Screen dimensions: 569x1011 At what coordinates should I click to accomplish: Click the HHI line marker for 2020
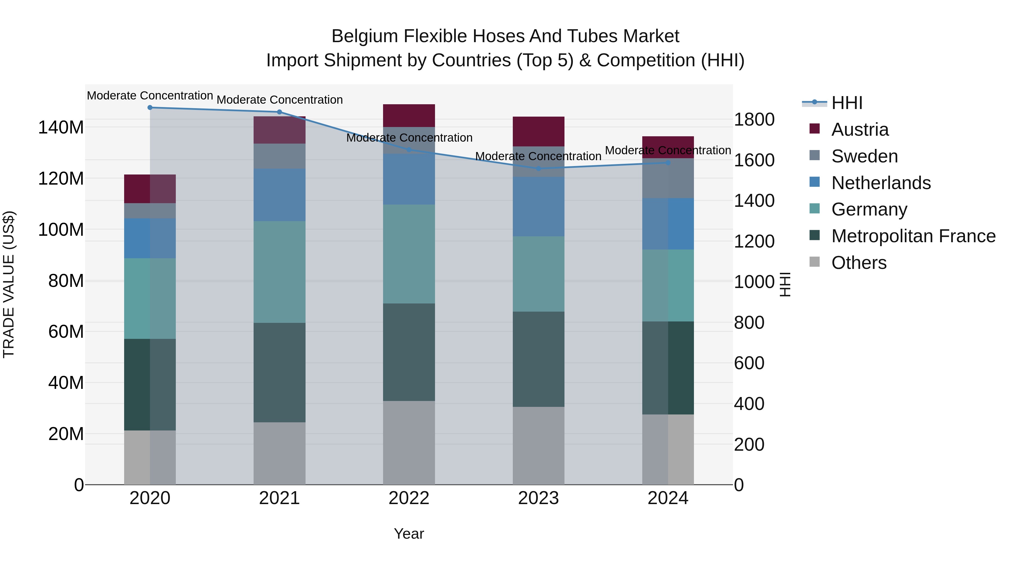point(150,108)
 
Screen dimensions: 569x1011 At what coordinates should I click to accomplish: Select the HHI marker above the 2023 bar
point(538,169)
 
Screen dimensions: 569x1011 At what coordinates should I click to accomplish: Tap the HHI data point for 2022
point(409,149)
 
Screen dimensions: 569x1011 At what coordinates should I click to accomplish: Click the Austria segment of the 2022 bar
point(409,115)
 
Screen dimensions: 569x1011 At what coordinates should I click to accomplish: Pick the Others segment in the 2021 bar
point(279,453)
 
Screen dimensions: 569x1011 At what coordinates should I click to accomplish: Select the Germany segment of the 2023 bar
point(538,274)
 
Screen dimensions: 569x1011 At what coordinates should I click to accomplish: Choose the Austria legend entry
point(860,130)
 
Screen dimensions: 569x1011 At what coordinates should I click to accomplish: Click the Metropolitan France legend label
point(913,236)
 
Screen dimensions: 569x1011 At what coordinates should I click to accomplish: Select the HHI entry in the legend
point(846,103)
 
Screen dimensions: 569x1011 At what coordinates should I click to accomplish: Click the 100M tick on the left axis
point(61,230)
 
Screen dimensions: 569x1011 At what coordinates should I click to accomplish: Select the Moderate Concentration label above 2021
point(279,100)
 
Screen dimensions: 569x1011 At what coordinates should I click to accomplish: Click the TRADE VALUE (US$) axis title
point(9,284)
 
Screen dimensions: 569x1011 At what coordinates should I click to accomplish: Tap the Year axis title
point(409,534)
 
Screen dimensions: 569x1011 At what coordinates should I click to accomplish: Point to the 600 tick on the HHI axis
point(749,363)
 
